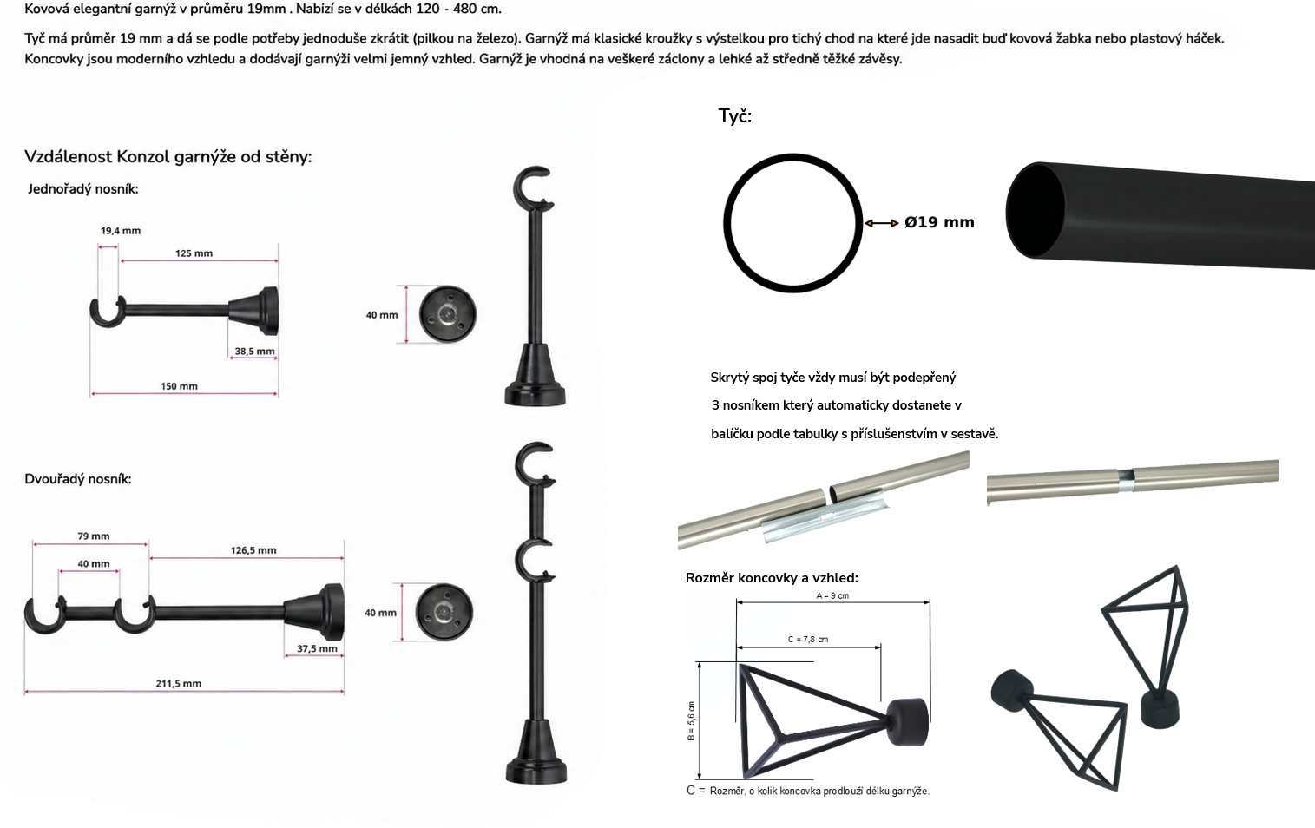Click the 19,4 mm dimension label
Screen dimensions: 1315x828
121,231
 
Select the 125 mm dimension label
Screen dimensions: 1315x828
194,253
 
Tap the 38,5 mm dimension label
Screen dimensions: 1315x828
255,352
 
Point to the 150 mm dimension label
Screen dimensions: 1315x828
179,386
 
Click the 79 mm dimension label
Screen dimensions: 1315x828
94,536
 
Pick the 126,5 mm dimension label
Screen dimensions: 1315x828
253,550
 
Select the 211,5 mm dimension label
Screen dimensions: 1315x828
179,684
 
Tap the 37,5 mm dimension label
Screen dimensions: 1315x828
317,648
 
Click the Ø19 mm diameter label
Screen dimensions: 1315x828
939,222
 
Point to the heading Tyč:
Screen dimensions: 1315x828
735,116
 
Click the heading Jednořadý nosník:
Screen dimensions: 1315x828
82,189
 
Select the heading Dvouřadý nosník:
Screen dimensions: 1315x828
78,479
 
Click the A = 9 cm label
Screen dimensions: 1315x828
832,595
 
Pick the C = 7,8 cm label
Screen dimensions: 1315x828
808,640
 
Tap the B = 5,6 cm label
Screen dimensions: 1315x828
691,721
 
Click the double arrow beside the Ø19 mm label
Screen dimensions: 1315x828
882,223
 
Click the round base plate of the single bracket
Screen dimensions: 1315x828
447,314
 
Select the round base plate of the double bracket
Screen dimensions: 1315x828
444,612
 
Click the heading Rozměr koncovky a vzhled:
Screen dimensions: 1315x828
772,578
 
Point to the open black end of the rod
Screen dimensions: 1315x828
1035,211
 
